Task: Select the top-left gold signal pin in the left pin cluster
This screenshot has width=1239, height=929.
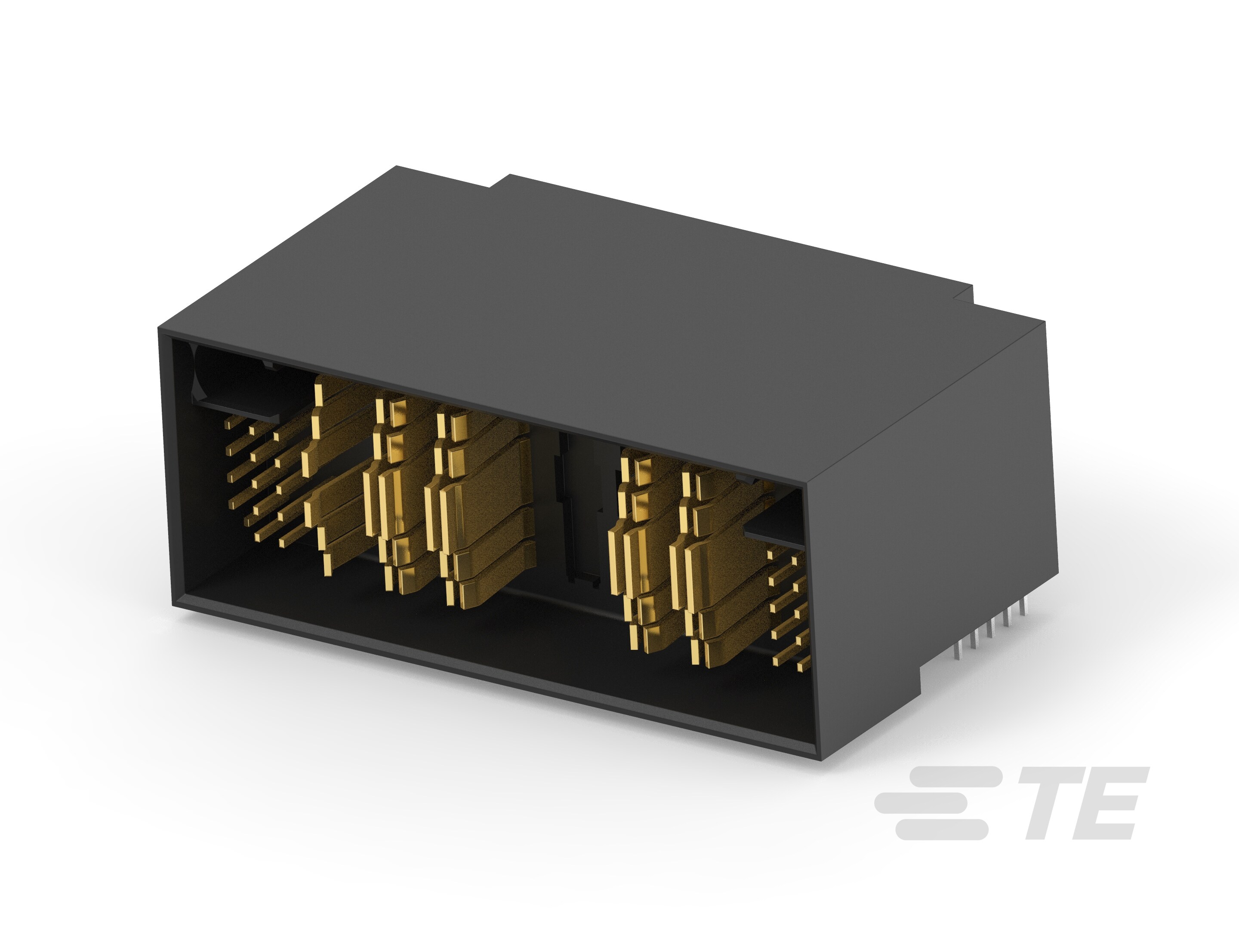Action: point(229,424)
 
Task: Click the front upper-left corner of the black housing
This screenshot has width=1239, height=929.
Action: point(159,330)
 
